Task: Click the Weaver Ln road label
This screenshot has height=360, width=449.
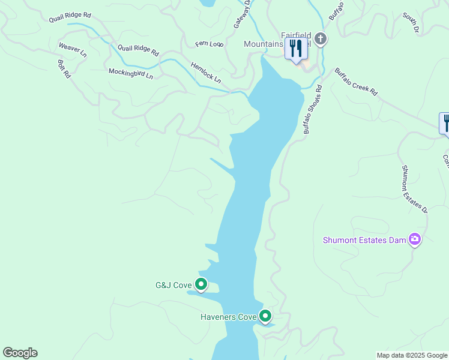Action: point(73,50)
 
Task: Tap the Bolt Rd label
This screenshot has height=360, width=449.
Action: point(64,68)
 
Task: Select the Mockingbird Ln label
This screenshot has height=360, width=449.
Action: point(131,74)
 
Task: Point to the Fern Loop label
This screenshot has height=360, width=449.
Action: point(209,44)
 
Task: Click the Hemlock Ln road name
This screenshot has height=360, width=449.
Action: point(206,73)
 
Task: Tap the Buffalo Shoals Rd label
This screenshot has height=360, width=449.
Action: point(312,109)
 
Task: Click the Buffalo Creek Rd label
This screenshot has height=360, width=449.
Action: point(356,82)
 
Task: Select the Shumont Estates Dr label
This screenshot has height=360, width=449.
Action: point(414,189)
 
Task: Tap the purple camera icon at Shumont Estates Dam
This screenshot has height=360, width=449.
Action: point(414,240)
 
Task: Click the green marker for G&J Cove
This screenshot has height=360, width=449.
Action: point(201,284)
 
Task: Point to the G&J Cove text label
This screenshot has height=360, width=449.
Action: point(173,285)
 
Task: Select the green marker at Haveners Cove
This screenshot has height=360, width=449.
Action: point(265,316)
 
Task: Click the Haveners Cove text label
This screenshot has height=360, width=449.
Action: point(228,316)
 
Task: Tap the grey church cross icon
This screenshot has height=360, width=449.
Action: point(321,40)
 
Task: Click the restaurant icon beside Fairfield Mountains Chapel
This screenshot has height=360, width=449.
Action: point(295,49)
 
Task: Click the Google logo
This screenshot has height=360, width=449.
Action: point(20,353)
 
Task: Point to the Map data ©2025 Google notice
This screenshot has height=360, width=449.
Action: point(412,355)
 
